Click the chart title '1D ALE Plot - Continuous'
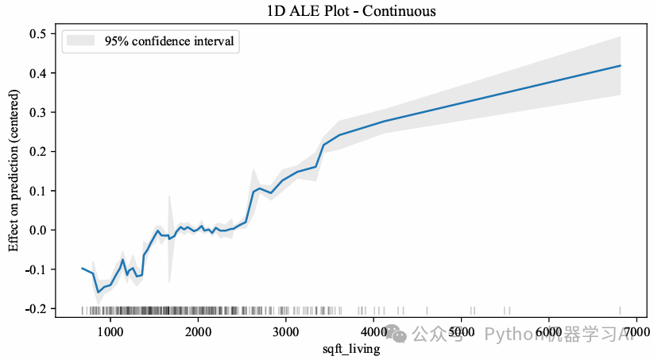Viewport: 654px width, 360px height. pyautogui.click(x=352, y=11)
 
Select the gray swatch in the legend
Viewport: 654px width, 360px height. pyautogui.click(x=79, y=41)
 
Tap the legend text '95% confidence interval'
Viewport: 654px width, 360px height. pyautogui.click(x=168, y=41)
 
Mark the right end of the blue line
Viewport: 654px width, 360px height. pyautogui.click(x=620, y=65)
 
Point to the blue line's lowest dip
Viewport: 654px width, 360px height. pyautogui.click(x=99, y=292)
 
